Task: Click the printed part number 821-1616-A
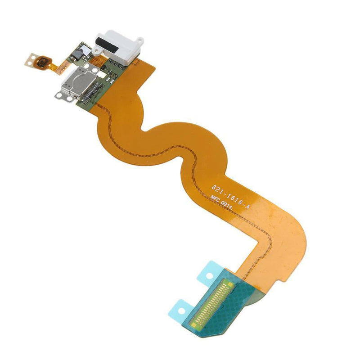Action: tap(230, 197)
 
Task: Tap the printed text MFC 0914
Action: tap(221, 204)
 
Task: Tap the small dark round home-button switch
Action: tap(42, 62)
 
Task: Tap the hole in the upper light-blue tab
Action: tap(209, 275)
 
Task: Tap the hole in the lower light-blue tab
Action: tap(181, 311)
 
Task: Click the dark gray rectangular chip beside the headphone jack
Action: tap(77, 54)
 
